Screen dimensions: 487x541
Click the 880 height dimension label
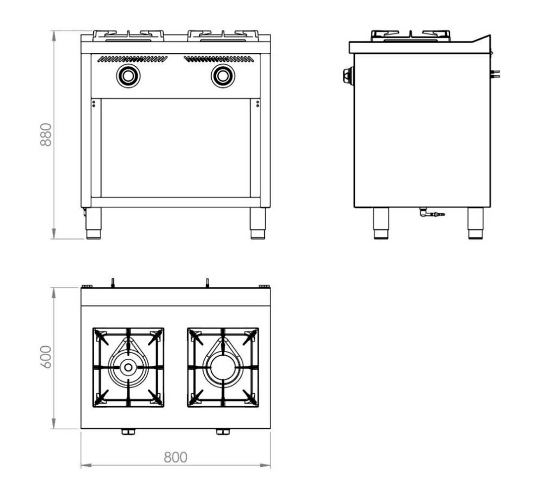point(46,134)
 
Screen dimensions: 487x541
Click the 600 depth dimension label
point(46,357)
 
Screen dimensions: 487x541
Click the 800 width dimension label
point(175,457)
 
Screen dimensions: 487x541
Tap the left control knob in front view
point(128,75)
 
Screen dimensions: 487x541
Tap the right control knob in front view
point(223,75)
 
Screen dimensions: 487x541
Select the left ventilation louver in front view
point(133,59)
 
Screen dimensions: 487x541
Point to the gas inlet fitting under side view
point(431,213)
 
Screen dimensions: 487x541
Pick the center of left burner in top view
point(128,367)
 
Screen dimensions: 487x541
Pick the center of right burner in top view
point(223,367)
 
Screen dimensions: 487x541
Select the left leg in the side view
point(381,223)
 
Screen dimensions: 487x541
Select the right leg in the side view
point(475,223)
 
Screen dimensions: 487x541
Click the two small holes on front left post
point(93,104)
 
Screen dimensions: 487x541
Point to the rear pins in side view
point(496,74)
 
